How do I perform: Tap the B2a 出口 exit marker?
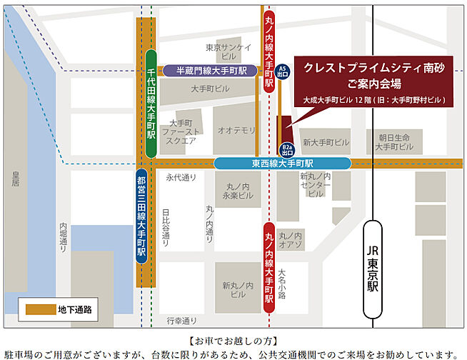point(287,149)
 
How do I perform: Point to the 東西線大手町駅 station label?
point(281,164)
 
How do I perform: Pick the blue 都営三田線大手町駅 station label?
point(141,217)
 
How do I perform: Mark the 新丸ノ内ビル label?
point(237,290)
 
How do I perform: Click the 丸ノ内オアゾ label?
point(291,241)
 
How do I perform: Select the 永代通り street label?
point(180,177)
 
